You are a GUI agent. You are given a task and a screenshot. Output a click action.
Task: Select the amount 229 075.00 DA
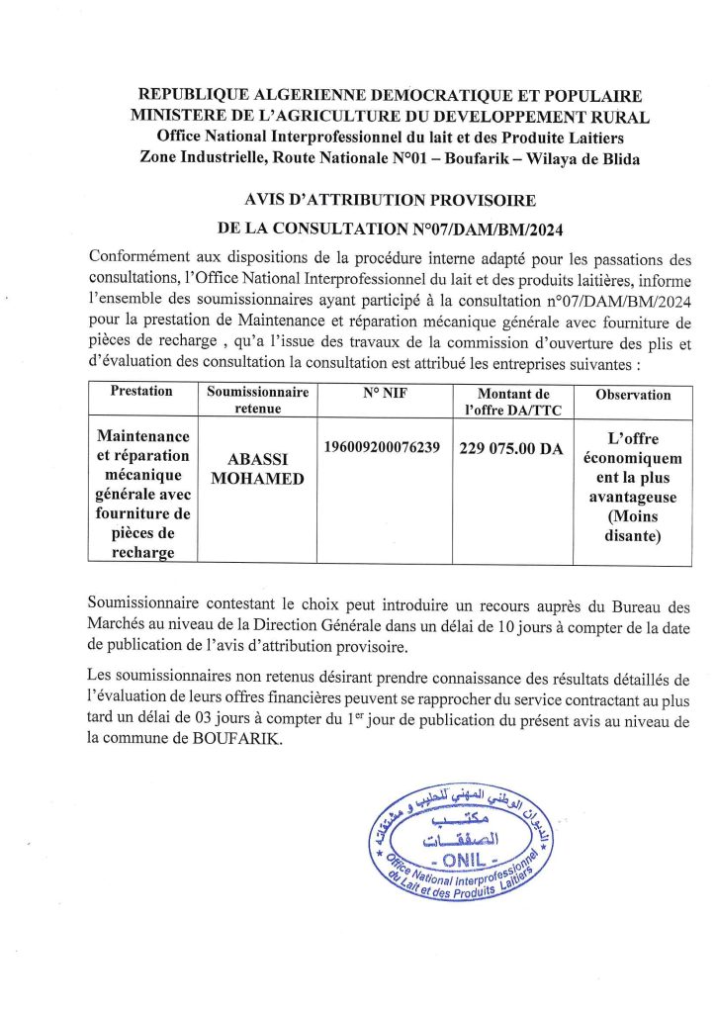(511, 448)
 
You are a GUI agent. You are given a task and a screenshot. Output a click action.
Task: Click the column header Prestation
(141, 391)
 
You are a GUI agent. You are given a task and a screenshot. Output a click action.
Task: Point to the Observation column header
(633, 395)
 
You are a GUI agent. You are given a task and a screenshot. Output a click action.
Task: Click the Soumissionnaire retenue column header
(258, 400)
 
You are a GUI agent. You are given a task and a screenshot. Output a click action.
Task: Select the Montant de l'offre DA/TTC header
(511, 400)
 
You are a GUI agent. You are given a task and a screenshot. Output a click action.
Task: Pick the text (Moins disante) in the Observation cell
(633, 526)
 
